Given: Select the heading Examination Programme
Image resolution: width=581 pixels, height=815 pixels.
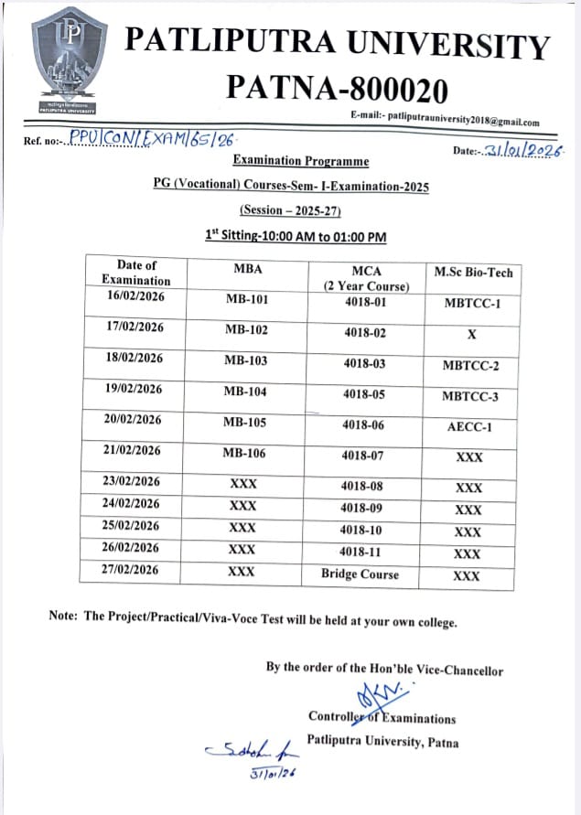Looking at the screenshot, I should tap(301, 161).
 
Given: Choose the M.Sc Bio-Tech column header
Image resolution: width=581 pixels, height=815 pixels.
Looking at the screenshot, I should tap(473, 272).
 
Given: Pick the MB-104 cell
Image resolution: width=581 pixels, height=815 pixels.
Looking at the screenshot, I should tap(246, 390).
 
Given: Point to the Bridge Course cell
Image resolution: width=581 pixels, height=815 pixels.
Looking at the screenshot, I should tap(360, 574).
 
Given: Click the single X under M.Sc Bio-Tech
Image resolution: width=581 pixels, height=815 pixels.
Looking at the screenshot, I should tap(472, 335).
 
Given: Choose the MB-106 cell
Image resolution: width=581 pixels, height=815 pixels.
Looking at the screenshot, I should tap(246, 453).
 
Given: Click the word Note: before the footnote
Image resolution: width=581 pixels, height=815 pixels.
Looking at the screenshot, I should tap(64, 617).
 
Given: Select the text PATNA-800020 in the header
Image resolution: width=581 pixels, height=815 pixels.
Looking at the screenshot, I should tap(337, 90).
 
